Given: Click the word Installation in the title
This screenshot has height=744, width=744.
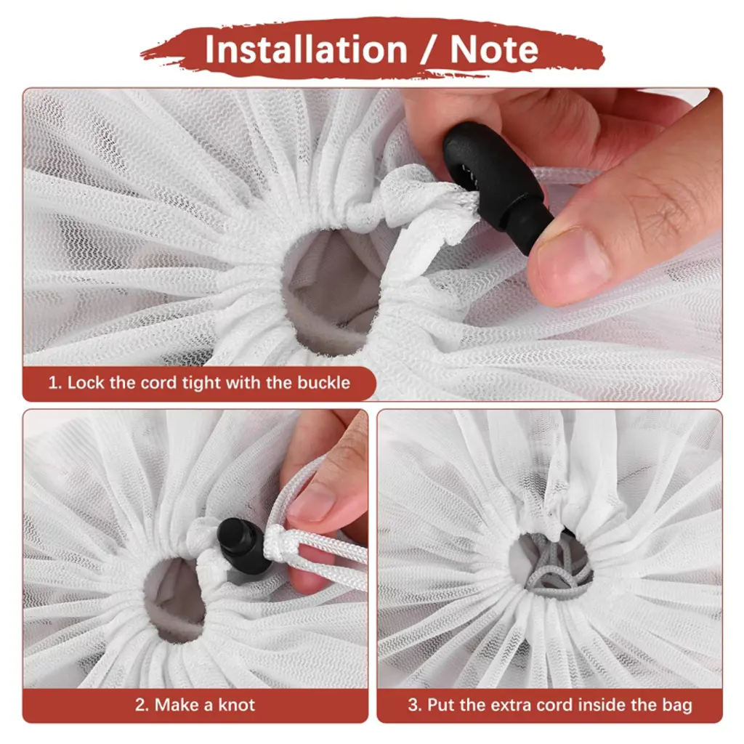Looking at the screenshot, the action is coord(306,49).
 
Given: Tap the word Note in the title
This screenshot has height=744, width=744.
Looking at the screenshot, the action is coord(494,49).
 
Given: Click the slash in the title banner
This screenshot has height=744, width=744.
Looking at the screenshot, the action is coord(429,49).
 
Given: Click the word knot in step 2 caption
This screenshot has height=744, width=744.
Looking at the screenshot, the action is coord(236,705).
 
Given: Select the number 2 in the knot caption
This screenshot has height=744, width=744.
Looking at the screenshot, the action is coord(142,705).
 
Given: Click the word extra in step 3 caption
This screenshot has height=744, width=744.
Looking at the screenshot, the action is coord(511,705).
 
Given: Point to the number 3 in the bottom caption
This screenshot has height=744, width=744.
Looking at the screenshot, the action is coord(413,705).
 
